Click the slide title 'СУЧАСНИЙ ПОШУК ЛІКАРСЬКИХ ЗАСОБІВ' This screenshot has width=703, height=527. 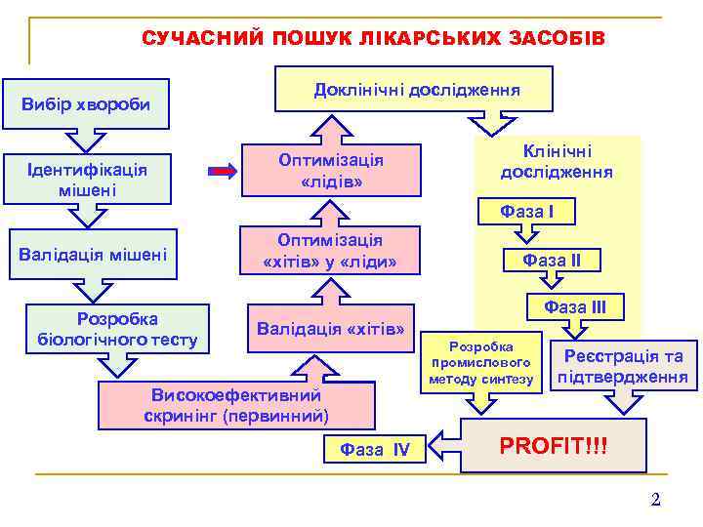click(373, 38)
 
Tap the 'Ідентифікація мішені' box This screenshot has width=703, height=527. click(88, 179)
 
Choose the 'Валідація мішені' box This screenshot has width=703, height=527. click(93, 255)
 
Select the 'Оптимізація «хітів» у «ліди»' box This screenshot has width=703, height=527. click(330, 252)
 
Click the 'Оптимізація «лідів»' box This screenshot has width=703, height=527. click(330, 171)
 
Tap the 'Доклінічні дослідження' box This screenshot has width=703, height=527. click(416, 90)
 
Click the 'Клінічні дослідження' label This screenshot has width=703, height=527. click(557, 162)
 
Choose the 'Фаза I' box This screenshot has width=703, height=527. click(526, 211)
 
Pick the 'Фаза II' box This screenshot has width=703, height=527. click(552, 260)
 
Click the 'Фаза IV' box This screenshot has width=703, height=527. click(375, 449)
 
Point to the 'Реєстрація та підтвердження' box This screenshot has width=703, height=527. click(624, 366)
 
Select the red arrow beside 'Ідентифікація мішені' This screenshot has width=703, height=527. click(224, 172)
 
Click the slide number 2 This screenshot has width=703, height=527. click(655, 500)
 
